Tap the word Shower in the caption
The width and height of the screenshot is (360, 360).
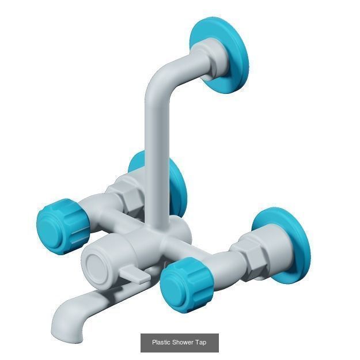pos(183,343)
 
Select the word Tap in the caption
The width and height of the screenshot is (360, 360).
pos(200,343)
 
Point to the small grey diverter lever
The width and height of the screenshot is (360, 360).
pos(138,275)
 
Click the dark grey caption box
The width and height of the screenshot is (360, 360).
pos(179,343)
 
